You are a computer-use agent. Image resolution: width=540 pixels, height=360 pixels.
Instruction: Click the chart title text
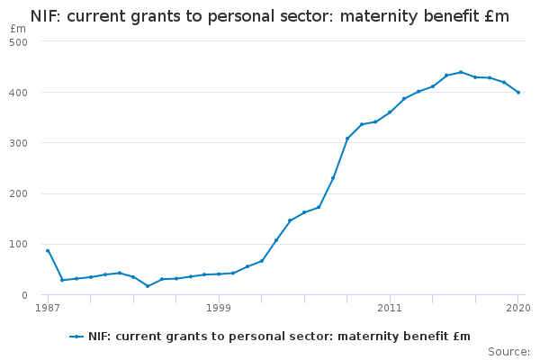(x=269, y=16)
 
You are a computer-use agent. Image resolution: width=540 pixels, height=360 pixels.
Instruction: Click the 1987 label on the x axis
(x=48, y=308)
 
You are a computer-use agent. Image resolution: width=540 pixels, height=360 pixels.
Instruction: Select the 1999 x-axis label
(x=219, y=308)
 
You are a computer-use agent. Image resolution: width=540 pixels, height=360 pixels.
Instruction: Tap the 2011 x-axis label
(x=390, y=308)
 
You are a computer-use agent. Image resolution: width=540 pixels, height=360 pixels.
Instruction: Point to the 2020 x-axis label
(x=517, y=308)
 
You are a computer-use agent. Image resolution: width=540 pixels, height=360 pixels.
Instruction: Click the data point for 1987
(x=48, y=251)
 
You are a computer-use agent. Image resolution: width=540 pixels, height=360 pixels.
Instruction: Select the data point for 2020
(x=518, y=93)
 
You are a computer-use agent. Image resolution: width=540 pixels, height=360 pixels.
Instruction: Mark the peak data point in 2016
(x=461, y=72)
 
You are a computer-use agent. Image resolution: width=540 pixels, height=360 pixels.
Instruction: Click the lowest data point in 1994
(x=148, y=286)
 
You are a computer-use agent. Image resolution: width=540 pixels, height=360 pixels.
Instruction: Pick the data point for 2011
(x=390, y=112)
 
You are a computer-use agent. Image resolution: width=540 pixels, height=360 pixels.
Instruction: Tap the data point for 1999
(x=219, y=274)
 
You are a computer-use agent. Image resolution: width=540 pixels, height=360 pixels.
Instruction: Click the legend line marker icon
(x=77, y=337)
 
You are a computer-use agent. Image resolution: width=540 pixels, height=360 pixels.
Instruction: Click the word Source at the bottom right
(x=508, y=351)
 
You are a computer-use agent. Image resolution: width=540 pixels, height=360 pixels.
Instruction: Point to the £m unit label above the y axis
(x=18, y=29)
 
